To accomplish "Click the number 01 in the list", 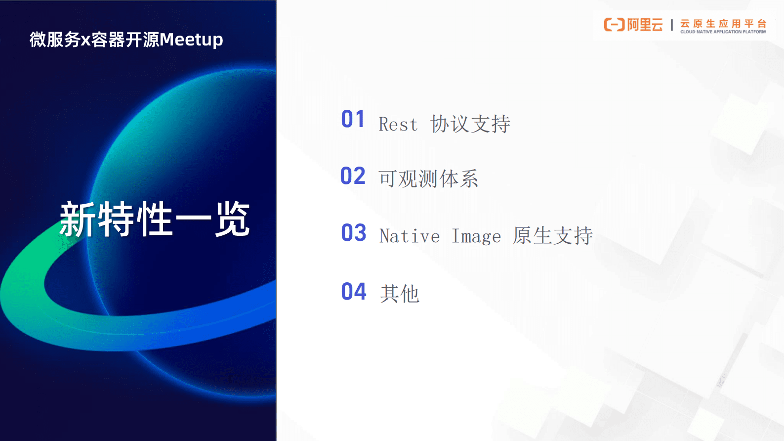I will tap(353, 120).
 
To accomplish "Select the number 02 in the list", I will tap(353, 176).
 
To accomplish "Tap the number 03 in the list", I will tap(354, 233).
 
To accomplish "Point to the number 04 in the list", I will tap(354, 292).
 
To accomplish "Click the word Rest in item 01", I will tap(398, 125).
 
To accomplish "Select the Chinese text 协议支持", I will tap(470, 124).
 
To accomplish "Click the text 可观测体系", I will tap(428, 179).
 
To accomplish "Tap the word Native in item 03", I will tap(410, 236).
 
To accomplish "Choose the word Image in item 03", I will tap(476, 236).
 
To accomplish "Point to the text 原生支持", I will tap(552, 236).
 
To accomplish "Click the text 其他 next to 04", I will tap(400, 294).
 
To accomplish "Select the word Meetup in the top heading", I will tap(191, 40).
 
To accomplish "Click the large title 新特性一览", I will tap(155, 220).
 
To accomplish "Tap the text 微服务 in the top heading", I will tap(55, 40).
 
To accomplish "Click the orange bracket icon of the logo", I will tap(614, 25).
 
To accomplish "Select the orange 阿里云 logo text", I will tap(645, 25).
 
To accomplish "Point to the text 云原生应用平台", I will tap(723, 23).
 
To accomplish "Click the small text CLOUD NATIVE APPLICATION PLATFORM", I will tap(723, 32).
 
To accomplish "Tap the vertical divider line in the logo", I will tap(672, 25).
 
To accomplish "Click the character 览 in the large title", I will tap(232, 220).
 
